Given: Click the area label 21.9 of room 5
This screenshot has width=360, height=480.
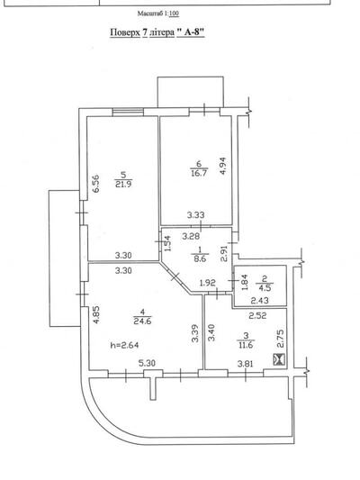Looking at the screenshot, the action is click(x=123, y=184).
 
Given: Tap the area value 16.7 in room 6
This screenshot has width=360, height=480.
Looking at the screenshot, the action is click(x=199, y=173).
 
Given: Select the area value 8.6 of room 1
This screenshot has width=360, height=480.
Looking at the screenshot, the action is click(x=200, y=258).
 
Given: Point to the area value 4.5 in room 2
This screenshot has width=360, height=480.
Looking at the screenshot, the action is click(x=265, y=288).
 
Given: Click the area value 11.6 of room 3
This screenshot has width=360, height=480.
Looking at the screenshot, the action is click(x=246, y=345).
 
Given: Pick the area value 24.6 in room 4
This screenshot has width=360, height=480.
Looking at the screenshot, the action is click(x=142, y=322).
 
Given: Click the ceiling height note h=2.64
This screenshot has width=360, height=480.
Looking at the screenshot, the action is click(x=124, y=345).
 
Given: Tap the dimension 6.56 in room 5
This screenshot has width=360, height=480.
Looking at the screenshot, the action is click(x=96, y=184).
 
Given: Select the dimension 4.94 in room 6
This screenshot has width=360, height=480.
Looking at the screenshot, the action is click(x=223, y=166).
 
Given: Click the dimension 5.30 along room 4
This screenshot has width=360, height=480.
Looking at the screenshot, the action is click(x=147, y=363).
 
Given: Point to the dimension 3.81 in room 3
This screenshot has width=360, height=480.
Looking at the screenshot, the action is click(x=246, y=364).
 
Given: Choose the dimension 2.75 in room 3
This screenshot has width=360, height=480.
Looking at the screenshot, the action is click(x=280, y=338).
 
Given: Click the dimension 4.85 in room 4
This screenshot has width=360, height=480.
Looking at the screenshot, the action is click(x=96, y=315).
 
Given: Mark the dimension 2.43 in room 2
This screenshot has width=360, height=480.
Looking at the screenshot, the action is click(x=260, y=301).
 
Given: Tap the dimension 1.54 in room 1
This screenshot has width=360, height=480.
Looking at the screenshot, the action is click(x=167, y=243).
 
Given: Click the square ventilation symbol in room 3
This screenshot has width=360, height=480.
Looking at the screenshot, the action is click(x=279, y=359).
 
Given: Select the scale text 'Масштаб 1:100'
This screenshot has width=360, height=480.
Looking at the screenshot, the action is click(x=158, y=14).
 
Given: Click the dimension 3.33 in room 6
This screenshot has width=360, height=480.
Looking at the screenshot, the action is click(x=196, y=215).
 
